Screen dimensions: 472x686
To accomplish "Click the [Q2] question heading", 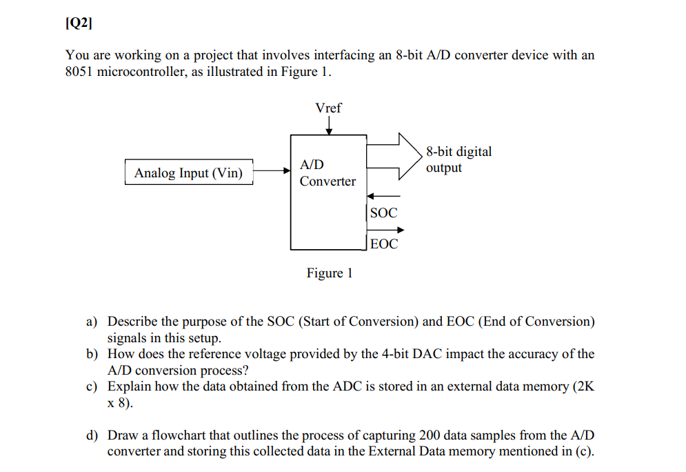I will point(78,23).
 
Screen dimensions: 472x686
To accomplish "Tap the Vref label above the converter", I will point(328,108).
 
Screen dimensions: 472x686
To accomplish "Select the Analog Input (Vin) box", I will point(188,173).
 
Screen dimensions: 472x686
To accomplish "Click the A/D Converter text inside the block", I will point(327,173).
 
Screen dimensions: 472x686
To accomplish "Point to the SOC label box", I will point(383,213).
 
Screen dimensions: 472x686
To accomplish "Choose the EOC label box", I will point(384,244).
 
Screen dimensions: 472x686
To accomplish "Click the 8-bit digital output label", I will point(458,159).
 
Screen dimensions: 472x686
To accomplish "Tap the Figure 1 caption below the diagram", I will point(330,273).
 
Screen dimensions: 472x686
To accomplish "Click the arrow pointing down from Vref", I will point(329,126).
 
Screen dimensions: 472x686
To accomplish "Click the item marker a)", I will point(91,322).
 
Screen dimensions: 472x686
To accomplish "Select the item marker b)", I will point(91,355).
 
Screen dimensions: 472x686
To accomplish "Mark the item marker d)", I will point(91,436).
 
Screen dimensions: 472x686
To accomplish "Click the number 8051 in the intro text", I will point(79,72).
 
